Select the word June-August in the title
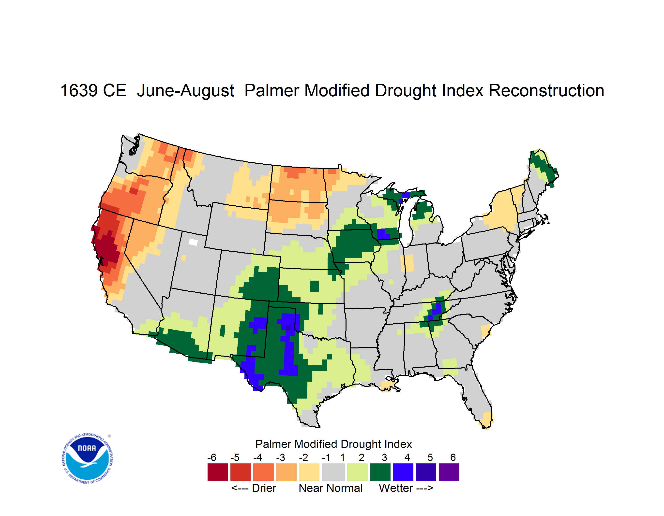pos(185,91)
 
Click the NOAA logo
pos(88,459)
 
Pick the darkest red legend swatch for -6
pos(218,472)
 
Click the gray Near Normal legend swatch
pos(333,472)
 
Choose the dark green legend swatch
pos(380,472)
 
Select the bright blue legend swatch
pos(403,472)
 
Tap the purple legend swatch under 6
pos(449,472)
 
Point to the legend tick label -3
pos(280,457)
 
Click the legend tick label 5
pos(430,457)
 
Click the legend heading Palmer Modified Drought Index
pos(333,444)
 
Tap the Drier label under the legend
pos(264,488)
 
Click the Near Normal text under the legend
pos(331,488)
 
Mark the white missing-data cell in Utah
pos(193,242)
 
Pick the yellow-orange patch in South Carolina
pos(486,330)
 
